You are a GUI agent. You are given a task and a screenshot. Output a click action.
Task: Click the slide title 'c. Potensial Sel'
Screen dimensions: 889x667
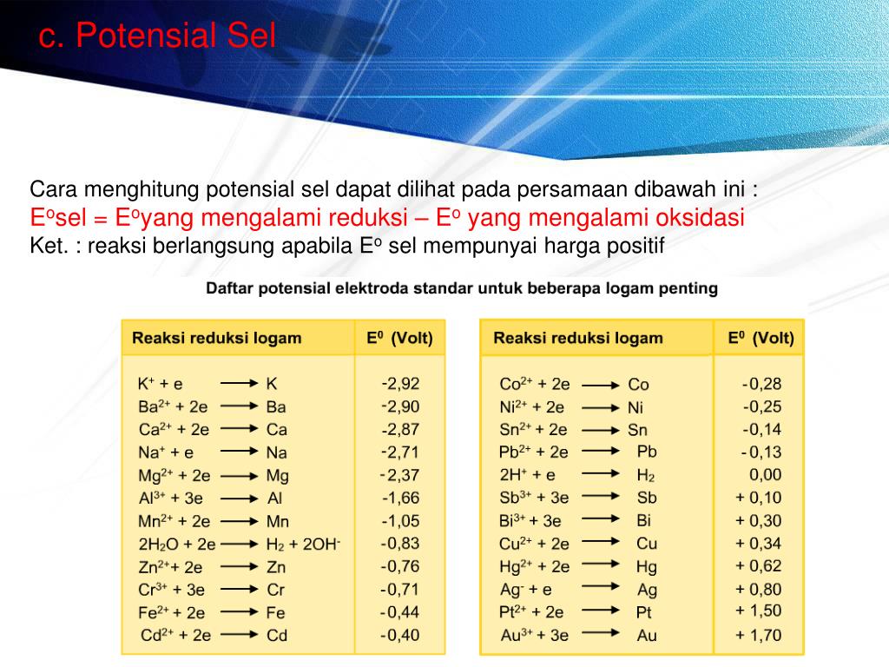(157, 35)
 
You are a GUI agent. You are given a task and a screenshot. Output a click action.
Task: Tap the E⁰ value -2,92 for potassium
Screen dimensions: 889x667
(400, 384)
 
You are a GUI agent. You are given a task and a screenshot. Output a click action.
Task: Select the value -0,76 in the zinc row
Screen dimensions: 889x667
(399, 566)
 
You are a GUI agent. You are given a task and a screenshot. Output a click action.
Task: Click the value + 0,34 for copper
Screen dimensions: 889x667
(758, 544)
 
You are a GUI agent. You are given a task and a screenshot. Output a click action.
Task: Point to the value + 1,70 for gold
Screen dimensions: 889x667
(758, 635)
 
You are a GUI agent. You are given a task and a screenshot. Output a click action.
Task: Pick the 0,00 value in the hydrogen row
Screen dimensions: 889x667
(766, 474)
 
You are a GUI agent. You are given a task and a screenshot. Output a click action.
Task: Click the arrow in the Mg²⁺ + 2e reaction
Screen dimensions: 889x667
(240, 475)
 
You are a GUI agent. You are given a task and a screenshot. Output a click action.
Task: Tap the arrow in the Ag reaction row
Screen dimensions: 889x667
(601, 587)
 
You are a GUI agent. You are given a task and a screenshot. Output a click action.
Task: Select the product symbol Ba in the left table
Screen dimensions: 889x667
(276, 406)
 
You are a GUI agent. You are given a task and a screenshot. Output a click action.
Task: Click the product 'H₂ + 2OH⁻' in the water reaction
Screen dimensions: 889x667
(303, 545)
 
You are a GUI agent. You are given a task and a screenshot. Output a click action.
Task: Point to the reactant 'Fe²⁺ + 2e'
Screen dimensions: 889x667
(172, 612)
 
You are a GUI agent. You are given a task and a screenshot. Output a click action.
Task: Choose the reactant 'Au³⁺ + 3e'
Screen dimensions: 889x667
(534, 635)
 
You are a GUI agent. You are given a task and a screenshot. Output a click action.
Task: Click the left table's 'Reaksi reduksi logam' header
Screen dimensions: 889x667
(216, 338)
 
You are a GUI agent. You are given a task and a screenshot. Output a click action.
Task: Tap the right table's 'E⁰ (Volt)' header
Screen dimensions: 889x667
(761, 338)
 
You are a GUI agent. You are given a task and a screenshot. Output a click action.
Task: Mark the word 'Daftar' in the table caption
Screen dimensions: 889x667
(228, 288)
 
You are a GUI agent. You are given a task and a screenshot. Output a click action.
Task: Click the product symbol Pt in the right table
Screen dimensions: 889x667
(644, 612)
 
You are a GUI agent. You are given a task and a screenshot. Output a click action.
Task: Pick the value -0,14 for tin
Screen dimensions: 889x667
(762, 429)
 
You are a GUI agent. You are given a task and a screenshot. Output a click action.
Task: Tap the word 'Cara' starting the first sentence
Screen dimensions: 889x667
(53, 189)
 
